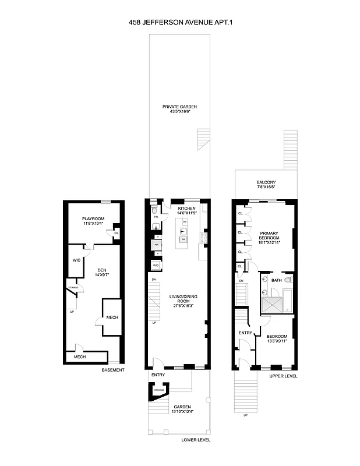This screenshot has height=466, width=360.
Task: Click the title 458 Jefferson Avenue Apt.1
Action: (x=180, y=24)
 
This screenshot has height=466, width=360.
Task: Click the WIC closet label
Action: (x=76, y=260)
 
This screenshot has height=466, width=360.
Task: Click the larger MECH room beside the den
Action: (x=112, y=317)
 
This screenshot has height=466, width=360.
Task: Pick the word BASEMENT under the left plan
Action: (x=113, y=370)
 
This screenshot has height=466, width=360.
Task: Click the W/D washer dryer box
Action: (x=156, y=265)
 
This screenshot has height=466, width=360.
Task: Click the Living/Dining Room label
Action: (x=180, y=301)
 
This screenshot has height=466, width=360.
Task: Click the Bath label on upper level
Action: (x=277, y=280)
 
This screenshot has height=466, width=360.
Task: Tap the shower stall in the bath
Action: (x=273, y=302)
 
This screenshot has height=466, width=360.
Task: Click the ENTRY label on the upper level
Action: (x=245, y=333)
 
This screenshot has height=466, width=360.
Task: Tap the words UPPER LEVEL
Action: (x=283, y=376)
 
